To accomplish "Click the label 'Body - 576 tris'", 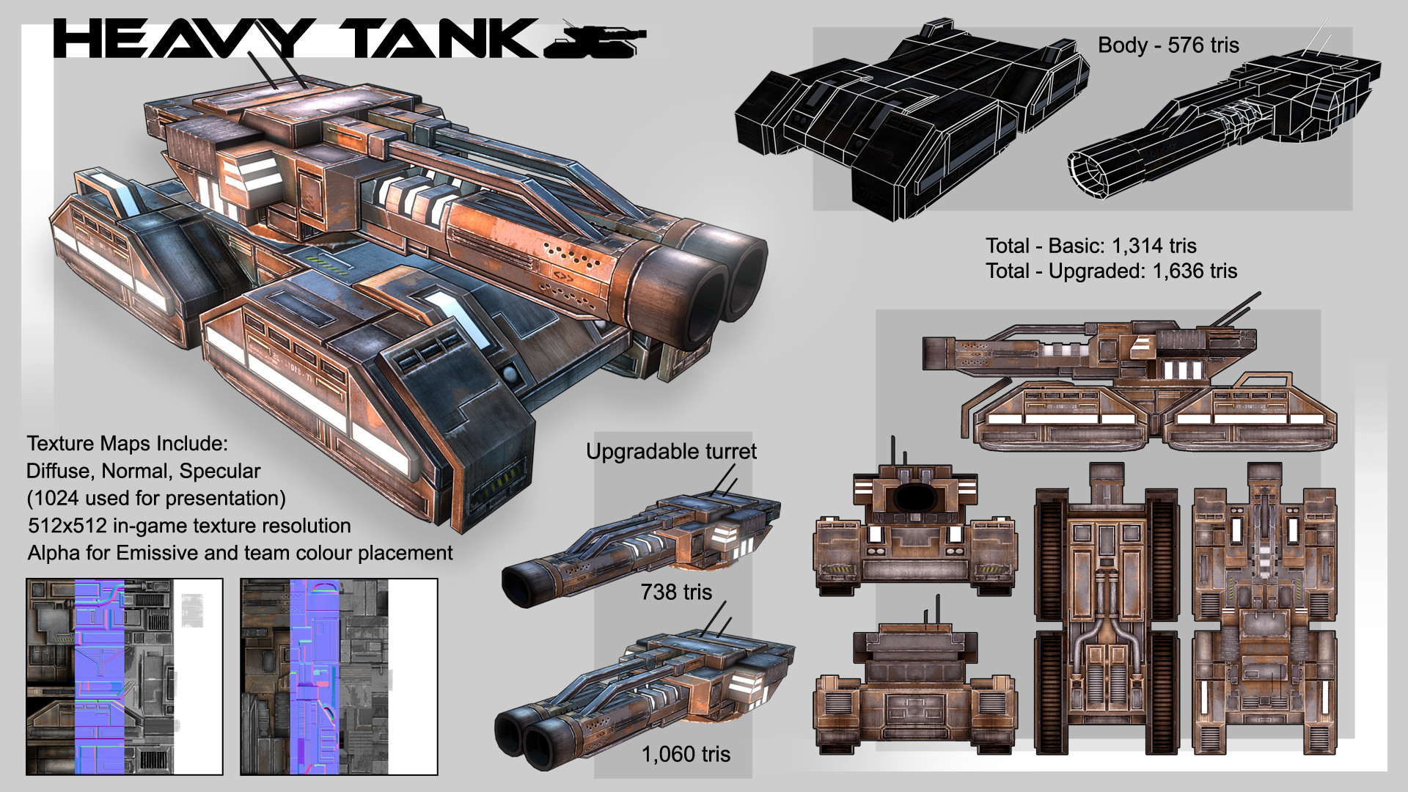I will (1168, 45).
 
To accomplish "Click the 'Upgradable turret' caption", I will (671, 451).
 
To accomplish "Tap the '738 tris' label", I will (676, 592).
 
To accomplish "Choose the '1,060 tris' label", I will (686, 754).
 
